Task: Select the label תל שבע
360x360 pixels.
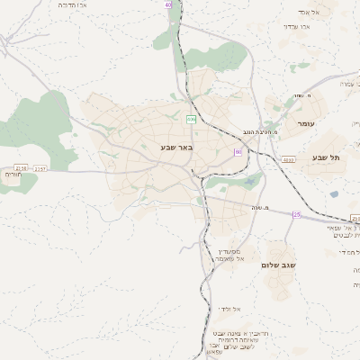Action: (x=327, y=157)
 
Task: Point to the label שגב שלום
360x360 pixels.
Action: (x=280, y=265)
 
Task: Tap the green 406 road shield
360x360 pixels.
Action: (x=191, y=119)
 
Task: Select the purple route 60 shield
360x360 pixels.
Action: (x=237, y=153)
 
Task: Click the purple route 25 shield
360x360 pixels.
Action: (x=296, y=214)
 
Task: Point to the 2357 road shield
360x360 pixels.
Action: (x=41, y=167)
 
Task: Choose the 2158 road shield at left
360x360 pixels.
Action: (x=21, y=167)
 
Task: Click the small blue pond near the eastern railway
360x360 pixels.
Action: (x=334, y=193)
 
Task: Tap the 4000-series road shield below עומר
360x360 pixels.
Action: (x=287, y=160)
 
